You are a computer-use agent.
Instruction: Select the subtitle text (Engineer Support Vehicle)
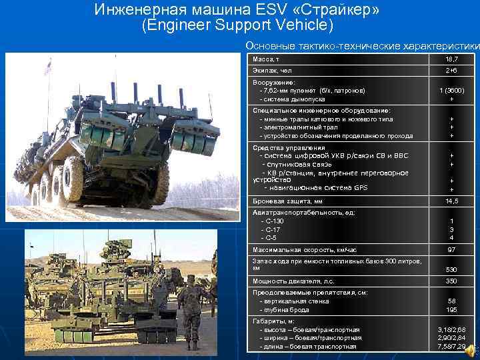tap(237, 26)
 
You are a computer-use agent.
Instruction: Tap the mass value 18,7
tap(451, 60)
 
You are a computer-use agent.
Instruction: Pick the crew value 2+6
tap(451, 71)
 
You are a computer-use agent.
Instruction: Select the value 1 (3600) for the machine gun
tap(451, 91)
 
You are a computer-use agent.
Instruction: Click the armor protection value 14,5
tap(451, 201)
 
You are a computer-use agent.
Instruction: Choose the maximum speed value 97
tap(451, 249)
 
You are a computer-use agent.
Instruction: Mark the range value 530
tap(451, 269)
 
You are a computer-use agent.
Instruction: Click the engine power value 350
tap(451, 281)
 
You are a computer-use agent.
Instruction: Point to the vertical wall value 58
tap(451, 301)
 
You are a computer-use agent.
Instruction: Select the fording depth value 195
tap(451, 309)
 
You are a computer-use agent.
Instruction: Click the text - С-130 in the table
tap(273, 221)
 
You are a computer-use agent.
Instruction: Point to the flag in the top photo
tap(47, 67)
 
